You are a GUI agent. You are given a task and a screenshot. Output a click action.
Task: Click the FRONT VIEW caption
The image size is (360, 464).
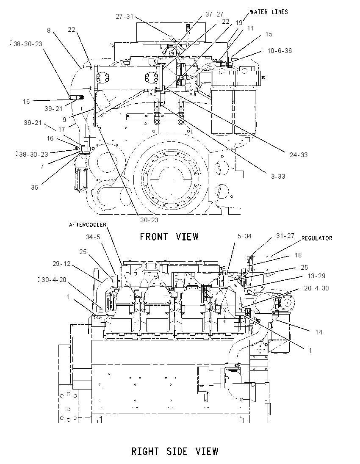169,237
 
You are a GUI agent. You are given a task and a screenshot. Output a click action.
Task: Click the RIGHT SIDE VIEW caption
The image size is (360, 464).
174,451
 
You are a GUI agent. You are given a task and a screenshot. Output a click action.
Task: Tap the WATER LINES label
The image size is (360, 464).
269,12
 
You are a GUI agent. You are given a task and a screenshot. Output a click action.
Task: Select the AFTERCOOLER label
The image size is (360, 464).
88,225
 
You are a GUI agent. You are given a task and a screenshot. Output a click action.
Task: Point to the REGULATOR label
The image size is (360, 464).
317,238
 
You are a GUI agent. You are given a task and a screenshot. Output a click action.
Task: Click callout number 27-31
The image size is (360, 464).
125,17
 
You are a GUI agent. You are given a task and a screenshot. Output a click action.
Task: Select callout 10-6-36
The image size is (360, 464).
280,51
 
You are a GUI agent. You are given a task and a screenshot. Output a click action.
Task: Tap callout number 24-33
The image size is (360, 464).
299,155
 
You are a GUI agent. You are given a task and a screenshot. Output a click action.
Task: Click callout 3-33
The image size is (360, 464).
278,177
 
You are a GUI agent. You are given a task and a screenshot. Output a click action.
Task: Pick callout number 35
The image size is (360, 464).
35,187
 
